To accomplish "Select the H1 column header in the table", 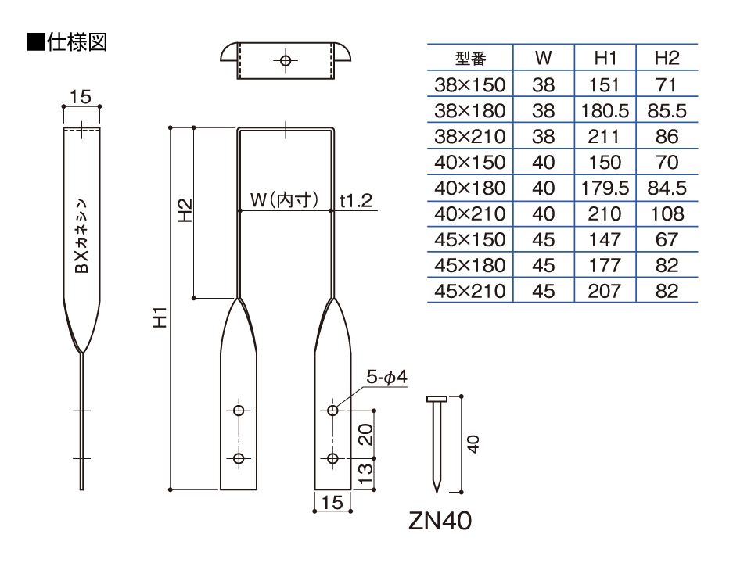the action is click(605, 58).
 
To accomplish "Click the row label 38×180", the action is click(470, 110).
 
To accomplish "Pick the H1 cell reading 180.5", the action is click(605, 110).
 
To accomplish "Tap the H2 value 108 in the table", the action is click(667, 213).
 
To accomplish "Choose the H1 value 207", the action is click(605, 291).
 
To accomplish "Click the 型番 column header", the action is click(470, 59).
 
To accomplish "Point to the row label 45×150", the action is click(470, 239).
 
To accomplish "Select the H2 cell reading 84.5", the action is click(667, 188).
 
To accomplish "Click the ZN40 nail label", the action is click(440, 521).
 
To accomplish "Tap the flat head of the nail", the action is click(437, 399).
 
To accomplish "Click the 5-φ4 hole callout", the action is click(386, 377).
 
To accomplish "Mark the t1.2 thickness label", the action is click(356, 201).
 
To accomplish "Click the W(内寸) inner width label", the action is click(284, 199).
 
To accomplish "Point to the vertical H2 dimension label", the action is click(185, 210).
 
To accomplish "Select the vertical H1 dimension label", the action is click(160, 317).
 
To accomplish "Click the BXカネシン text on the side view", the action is click(82, 236).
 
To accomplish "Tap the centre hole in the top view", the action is click(286, 61).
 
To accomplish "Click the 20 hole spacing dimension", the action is click(365, 434).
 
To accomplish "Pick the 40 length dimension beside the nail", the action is click(473, 444).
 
